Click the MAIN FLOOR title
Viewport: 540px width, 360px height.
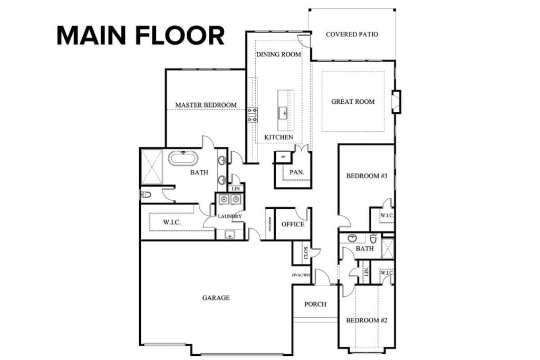tap(140, 36)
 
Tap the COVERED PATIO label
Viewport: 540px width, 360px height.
tap(352, 35)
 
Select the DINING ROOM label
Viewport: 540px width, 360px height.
tap(278, 54)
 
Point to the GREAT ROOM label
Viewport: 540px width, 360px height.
tap(353, 102)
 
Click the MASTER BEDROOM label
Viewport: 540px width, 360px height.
tap(206, 105)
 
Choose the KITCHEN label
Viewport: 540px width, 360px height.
tap(278, 138)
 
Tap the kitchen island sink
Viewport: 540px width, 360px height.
tap(283, 112)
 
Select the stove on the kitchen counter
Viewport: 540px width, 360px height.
tap(252, 115)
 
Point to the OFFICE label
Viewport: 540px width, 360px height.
tap(293, 225)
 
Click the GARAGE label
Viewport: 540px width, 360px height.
tap(216, 298)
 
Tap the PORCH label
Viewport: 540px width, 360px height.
tap(315, 304)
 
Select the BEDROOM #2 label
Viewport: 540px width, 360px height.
tap(367, 320)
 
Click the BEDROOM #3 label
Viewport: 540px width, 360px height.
tap(367, 176)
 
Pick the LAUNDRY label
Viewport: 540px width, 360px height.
tap(230, 216)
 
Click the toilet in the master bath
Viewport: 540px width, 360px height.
tap(146, 195)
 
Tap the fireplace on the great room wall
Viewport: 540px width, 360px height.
tap(397, 102)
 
